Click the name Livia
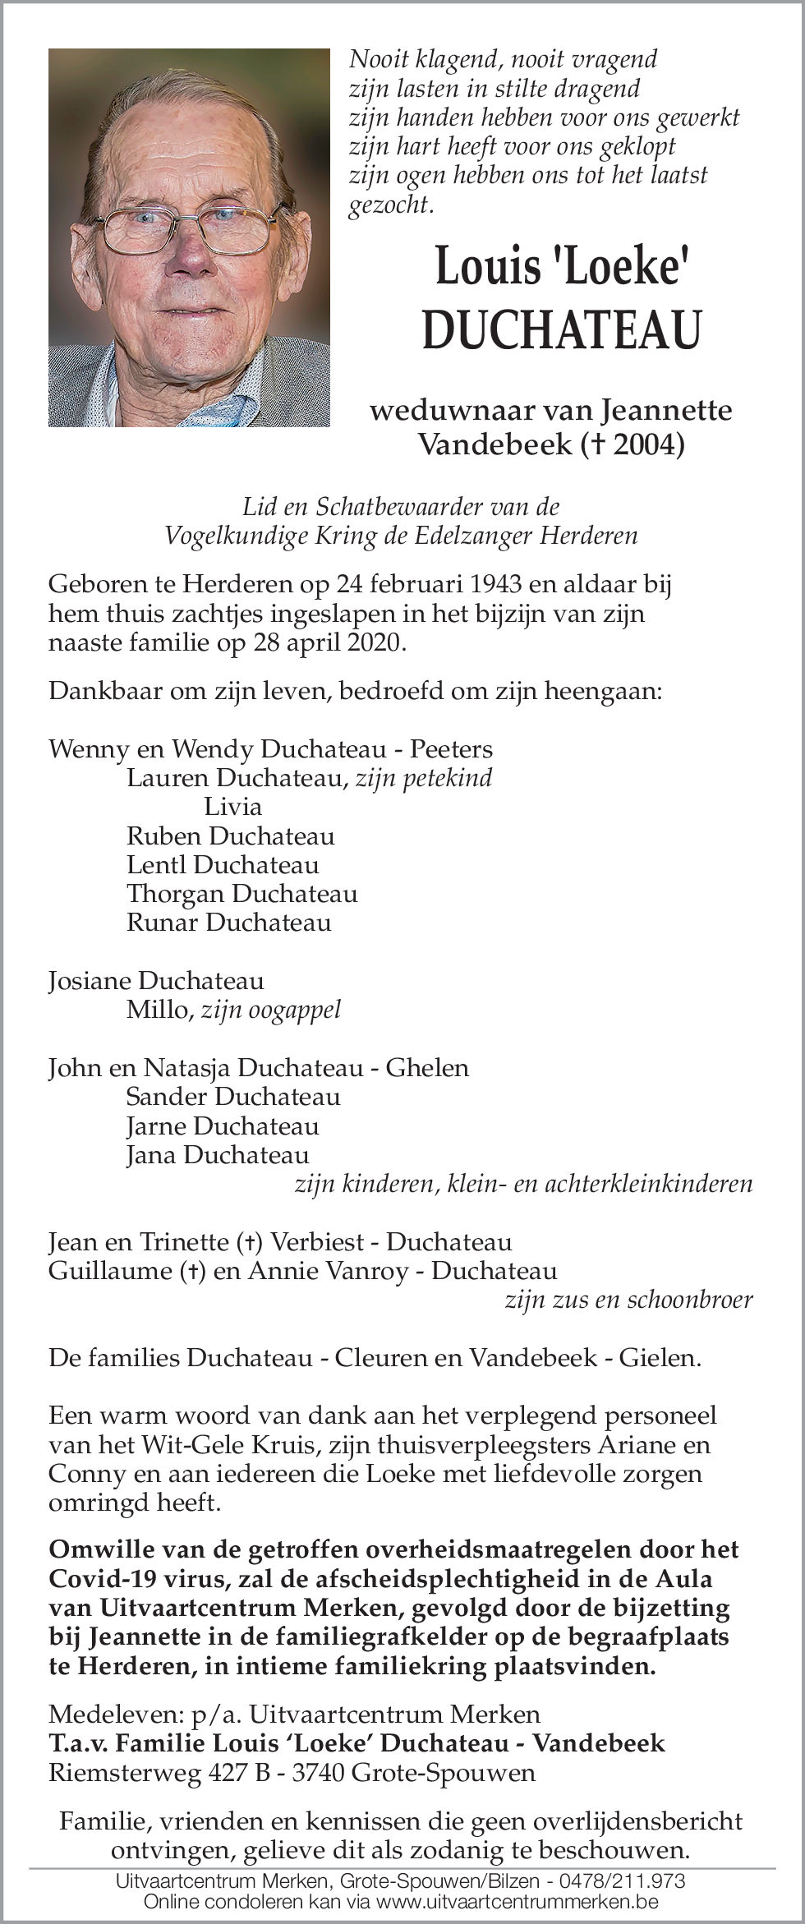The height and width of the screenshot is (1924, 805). (232, 806)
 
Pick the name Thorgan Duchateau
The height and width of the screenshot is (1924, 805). (241, 893)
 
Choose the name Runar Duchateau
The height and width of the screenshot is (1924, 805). (228, 922)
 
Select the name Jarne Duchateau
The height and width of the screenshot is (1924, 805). (222, 1125)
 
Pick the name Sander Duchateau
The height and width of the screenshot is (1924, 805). (232, 1096)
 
